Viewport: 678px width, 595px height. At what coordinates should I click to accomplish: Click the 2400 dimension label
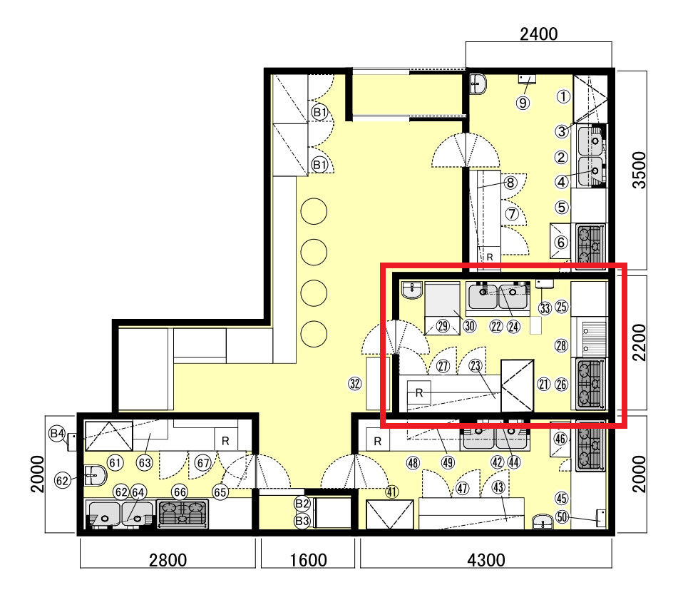pyautogui.click(x=538, y=34)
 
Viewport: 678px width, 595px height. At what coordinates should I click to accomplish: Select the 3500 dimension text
pyautogui.click(x=639, y=170)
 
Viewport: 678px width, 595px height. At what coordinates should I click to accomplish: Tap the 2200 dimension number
pyautogui.click(x=639, y=342)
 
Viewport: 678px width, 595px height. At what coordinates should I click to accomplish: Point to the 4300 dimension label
pyautogui.click(x=486, y=560)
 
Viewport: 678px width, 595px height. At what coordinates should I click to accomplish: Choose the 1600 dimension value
pyautogui.click(x=308, y=560)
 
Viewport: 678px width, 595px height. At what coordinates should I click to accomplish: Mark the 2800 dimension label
pyautogui.click(x=168, y=560)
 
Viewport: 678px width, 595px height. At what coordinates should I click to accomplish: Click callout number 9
pyautogui.click(x=523, y=103)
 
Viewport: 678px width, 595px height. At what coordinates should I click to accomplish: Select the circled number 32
pyautogui.click(x=355, y=383)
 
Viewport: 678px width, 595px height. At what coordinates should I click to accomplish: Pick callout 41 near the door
pyautogui.click(x=391, y=492)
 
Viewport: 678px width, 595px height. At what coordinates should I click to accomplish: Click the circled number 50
pyautogui.click(x=562, y=517)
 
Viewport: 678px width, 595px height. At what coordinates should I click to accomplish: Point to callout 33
pyautogui.click(x=545, y=308)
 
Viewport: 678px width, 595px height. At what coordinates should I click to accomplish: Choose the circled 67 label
pyautogui.click(x=202, y=463)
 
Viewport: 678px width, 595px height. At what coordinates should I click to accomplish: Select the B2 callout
pyautogui.click(x=302, y=504)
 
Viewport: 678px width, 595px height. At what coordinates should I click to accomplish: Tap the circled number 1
pyautogui.click(x=563, y=96)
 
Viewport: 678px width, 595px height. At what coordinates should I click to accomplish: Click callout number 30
pyautogui.click(x=470, y=325)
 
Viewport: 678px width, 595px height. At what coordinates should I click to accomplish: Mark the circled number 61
pyautogui.click(x=115, y=463)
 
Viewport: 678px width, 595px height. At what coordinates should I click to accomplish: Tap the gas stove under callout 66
pyautogui.click(x=183, y=514)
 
